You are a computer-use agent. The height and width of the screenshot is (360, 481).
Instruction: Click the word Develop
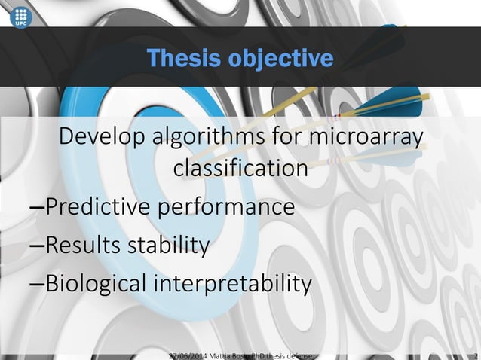[106, 139]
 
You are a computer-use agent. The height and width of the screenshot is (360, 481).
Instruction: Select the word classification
[240, 169]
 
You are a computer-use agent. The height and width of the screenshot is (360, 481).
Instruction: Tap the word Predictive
[103, 206]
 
